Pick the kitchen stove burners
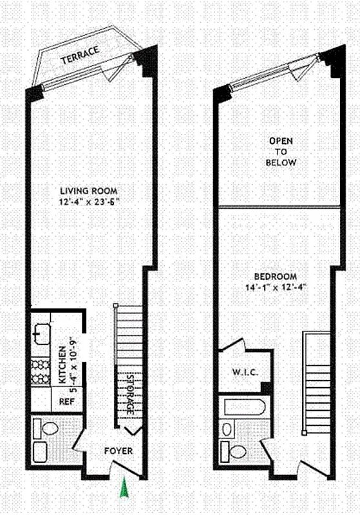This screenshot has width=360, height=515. [41, 372]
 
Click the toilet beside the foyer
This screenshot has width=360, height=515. [49, 427]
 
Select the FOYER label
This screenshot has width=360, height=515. [118, 451]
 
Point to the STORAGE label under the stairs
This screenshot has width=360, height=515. [129, 393]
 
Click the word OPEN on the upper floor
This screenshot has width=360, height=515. [281, 140]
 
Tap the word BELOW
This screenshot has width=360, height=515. [281, 163]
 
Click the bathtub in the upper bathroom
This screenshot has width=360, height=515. [243, 407]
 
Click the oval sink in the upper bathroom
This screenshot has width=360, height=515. [226, 427]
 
